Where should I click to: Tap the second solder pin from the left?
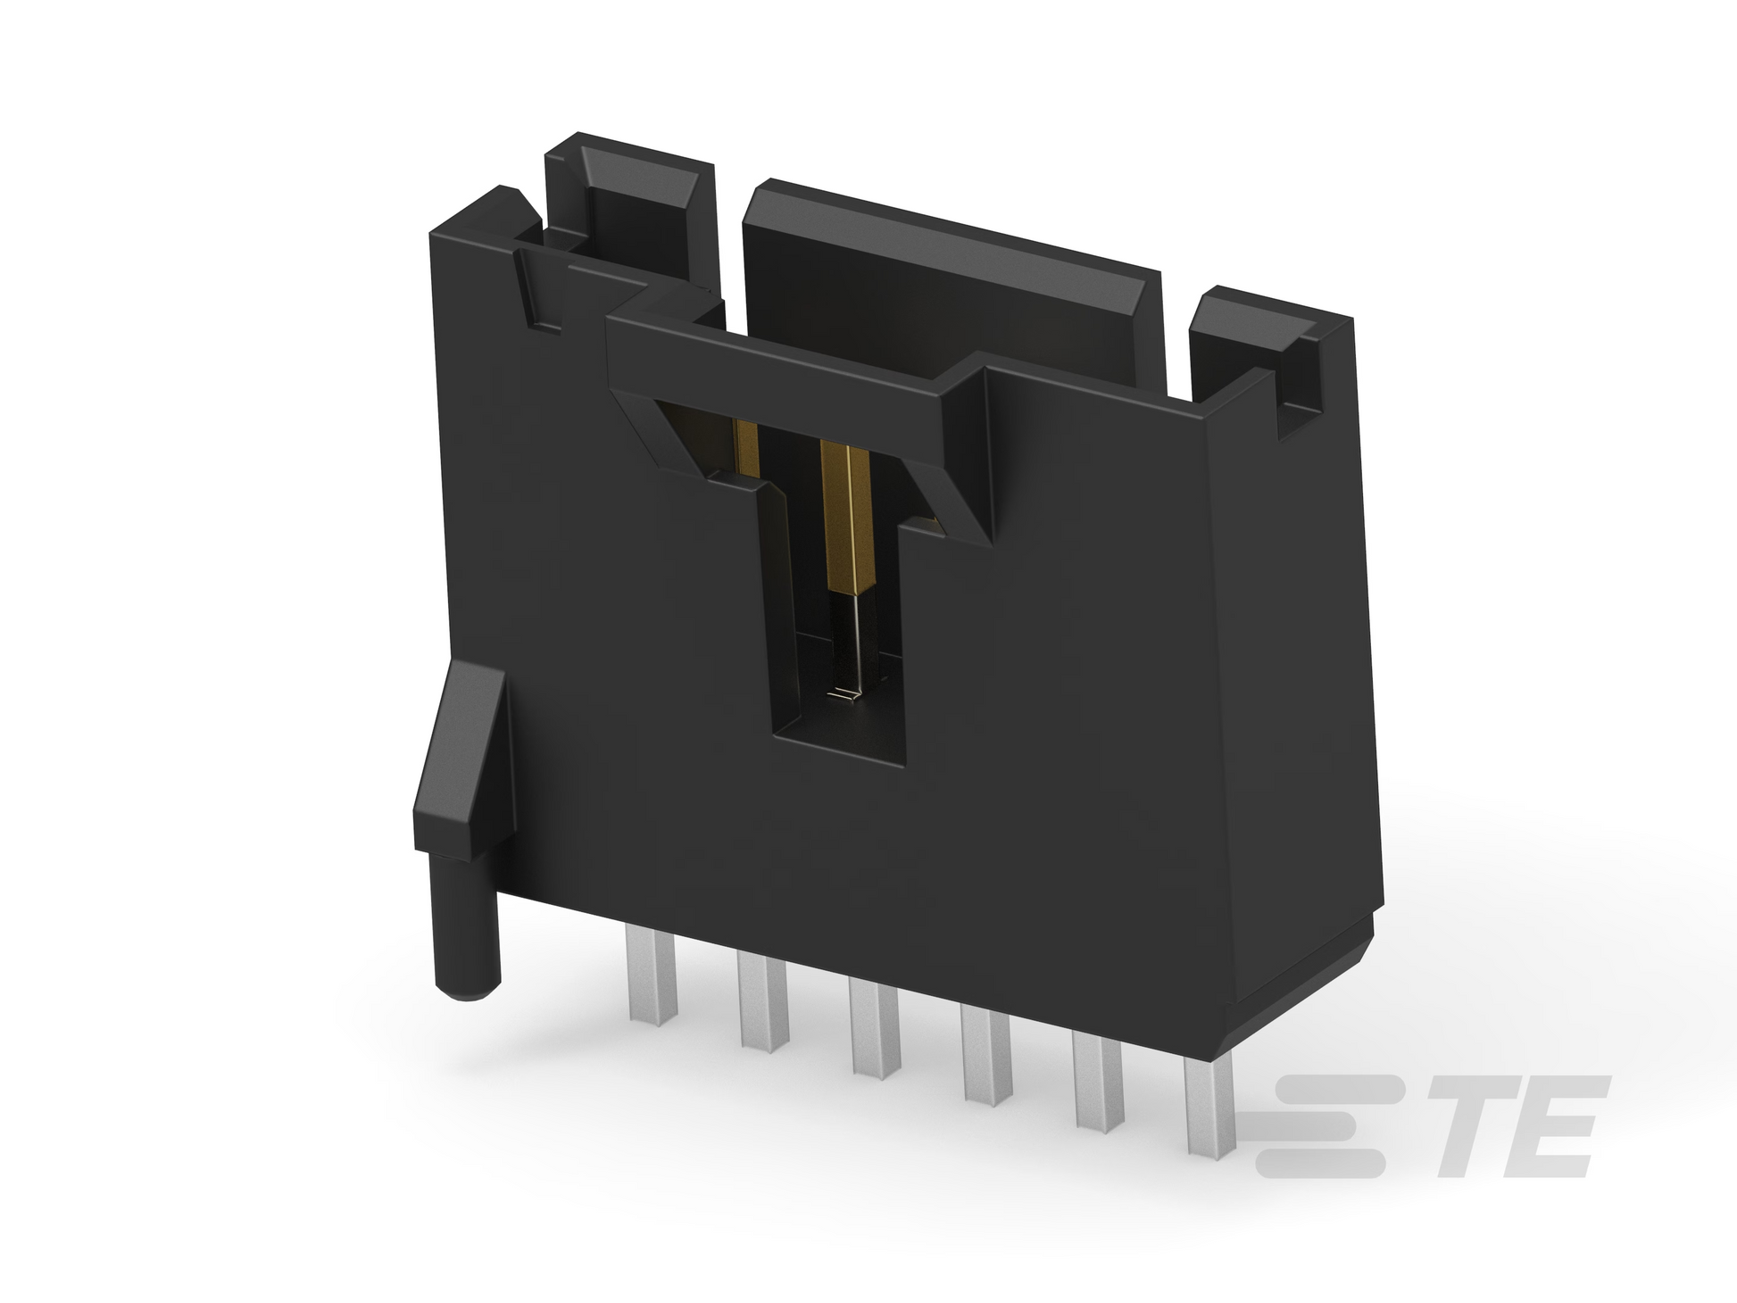click(764, 1002)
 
